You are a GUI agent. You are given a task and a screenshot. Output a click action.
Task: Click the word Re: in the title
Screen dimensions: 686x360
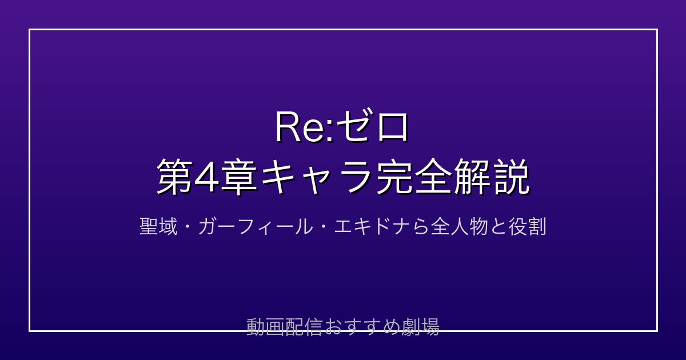pyautogui.click(x=304, y=127)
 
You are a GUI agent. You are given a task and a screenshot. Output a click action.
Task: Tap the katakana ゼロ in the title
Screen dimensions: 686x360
pyautogui.click(x=372, y=127)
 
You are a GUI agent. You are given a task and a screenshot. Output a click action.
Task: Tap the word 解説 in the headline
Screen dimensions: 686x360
pyautogui.click(x=492, y=177)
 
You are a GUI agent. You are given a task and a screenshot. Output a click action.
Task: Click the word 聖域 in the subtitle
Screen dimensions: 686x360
pyautogui.click(x=158, y=227)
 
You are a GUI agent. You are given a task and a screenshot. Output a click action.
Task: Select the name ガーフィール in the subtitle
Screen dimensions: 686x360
pyautogui.click(x=255, y=227)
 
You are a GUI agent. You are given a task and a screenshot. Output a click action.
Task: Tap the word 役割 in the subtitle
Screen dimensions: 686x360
pyautogui.click(x=527, y=227)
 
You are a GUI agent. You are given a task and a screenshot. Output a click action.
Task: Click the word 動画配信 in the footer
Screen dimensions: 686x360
pyautogui.click(x=284, y=327)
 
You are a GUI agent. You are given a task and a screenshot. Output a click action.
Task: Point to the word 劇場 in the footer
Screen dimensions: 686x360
pyautogui.click(x=420, y=327)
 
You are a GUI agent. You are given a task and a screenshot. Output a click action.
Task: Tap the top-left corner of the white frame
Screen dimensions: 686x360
pyautogui.click(x=29, y=29)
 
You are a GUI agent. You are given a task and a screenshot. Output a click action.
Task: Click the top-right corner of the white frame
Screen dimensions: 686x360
pyautogui.click(x=657, y=29)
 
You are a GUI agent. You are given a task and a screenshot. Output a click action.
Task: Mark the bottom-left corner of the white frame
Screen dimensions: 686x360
pyautogui.click(x=29, y=331)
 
